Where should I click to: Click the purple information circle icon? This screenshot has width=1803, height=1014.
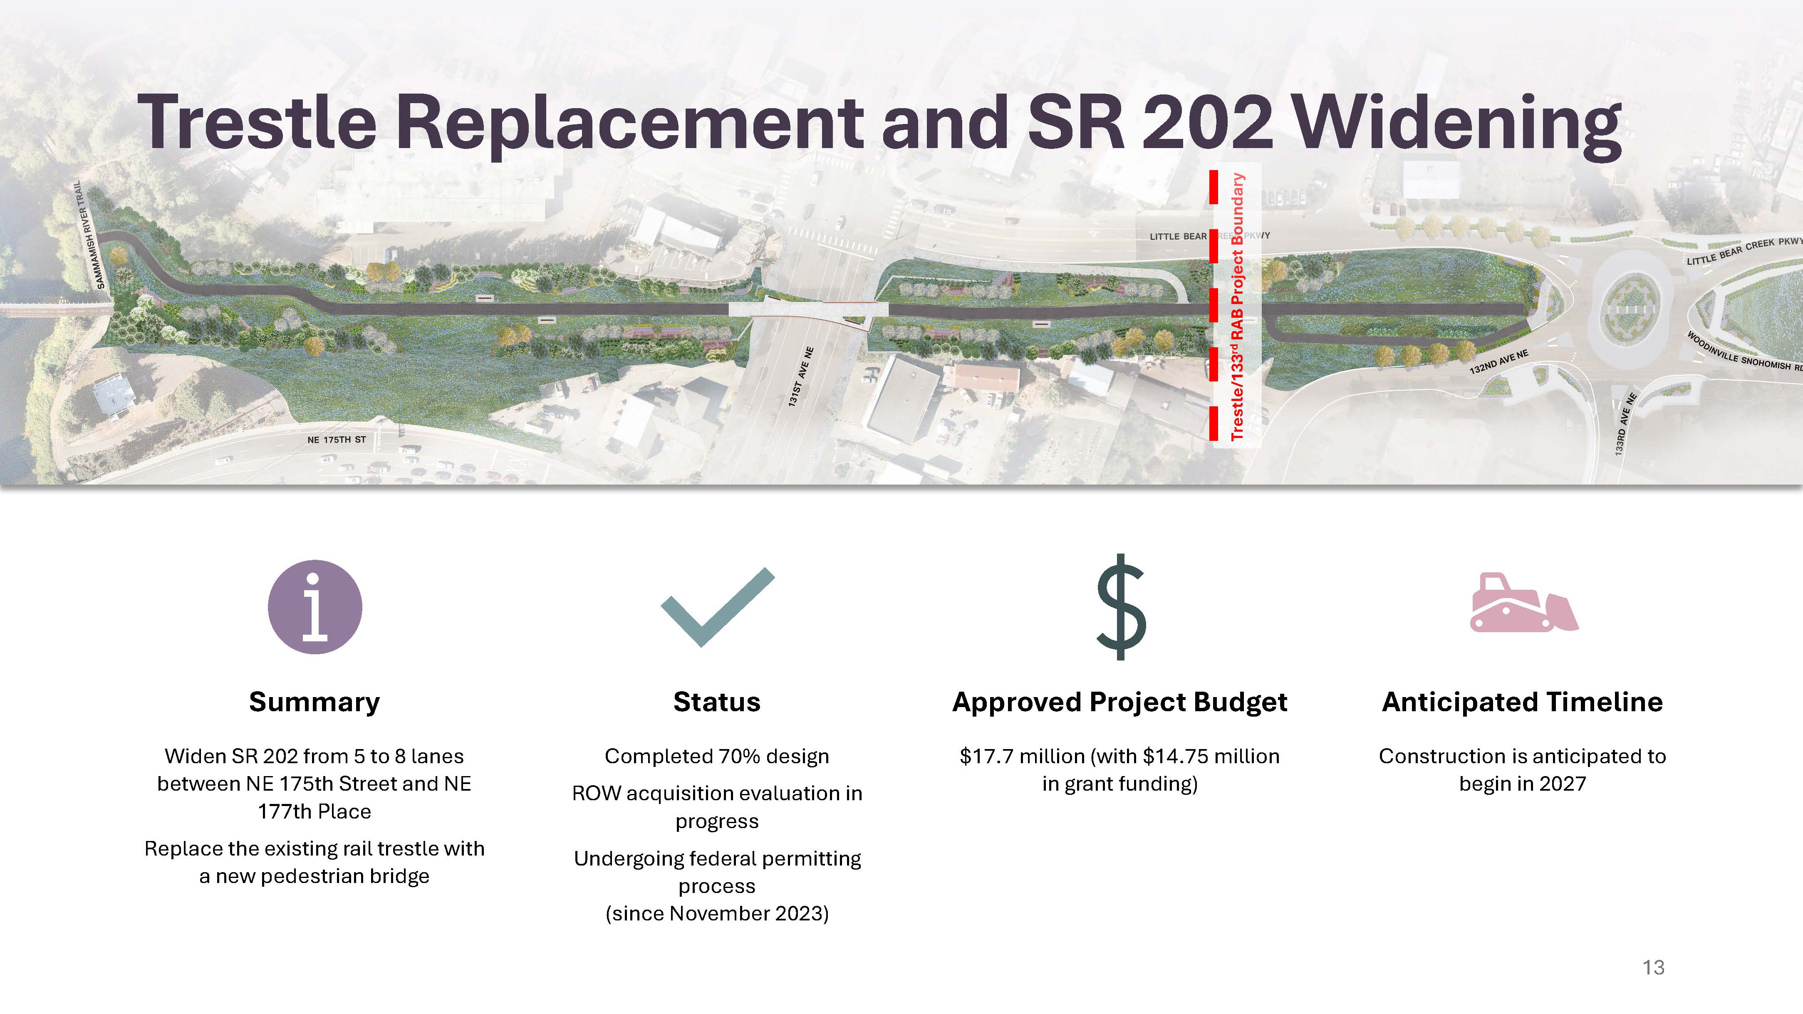pyautogui.click(x=315, y=607)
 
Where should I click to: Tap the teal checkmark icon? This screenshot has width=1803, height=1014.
pyautogui.click(x=718, y=607)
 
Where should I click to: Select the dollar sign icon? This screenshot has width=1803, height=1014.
pyautogui.click(x=1121, y=607)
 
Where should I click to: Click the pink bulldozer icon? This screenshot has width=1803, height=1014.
pyautogui.click(x=1524, y=603)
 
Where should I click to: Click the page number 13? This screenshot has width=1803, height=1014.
pyautogui.click(x=1653, y=967)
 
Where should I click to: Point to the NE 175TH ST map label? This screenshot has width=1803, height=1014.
pyautogui.click(x=337, y=440)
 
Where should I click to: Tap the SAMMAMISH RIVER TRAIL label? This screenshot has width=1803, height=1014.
pyautogui.click(x=90, y=235)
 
